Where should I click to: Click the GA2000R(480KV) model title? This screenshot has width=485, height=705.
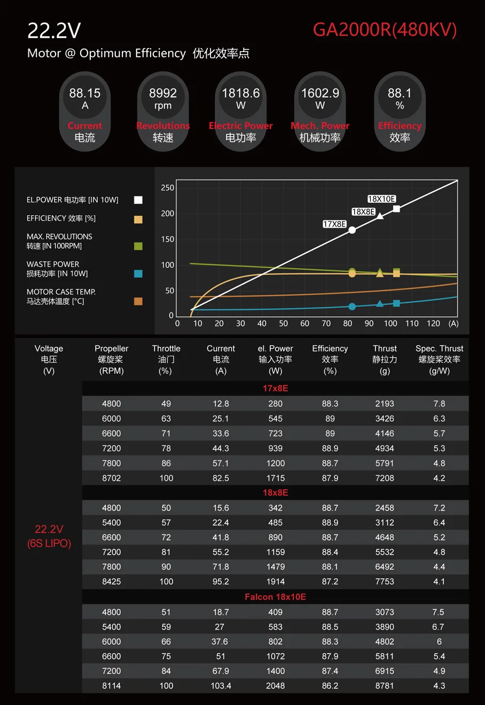385,29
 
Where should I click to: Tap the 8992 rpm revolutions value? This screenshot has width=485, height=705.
163,93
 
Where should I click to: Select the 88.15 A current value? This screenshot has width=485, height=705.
85,93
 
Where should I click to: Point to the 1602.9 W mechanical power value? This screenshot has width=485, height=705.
320,93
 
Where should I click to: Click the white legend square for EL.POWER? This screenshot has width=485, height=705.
138,200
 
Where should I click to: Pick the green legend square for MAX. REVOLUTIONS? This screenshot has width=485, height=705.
138,246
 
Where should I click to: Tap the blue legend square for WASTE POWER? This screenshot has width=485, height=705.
138,273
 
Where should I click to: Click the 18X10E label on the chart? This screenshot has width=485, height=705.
381,199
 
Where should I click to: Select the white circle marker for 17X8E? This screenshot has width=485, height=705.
352,230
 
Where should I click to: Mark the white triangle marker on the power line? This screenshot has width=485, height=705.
380,216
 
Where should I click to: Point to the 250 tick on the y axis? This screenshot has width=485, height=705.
168,188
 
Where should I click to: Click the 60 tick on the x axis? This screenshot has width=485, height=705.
304,324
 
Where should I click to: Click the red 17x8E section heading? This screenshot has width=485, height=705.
275,388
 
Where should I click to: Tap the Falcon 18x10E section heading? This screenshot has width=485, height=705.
275,597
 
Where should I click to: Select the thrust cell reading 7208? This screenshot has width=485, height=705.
385,478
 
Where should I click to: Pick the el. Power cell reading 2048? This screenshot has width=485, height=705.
275,686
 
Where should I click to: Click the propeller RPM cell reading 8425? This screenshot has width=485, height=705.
112,582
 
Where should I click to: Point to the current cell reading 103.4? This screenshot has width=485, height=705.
221,686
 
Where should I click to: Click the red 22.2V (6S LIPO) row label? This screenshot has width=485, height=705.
49,536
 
